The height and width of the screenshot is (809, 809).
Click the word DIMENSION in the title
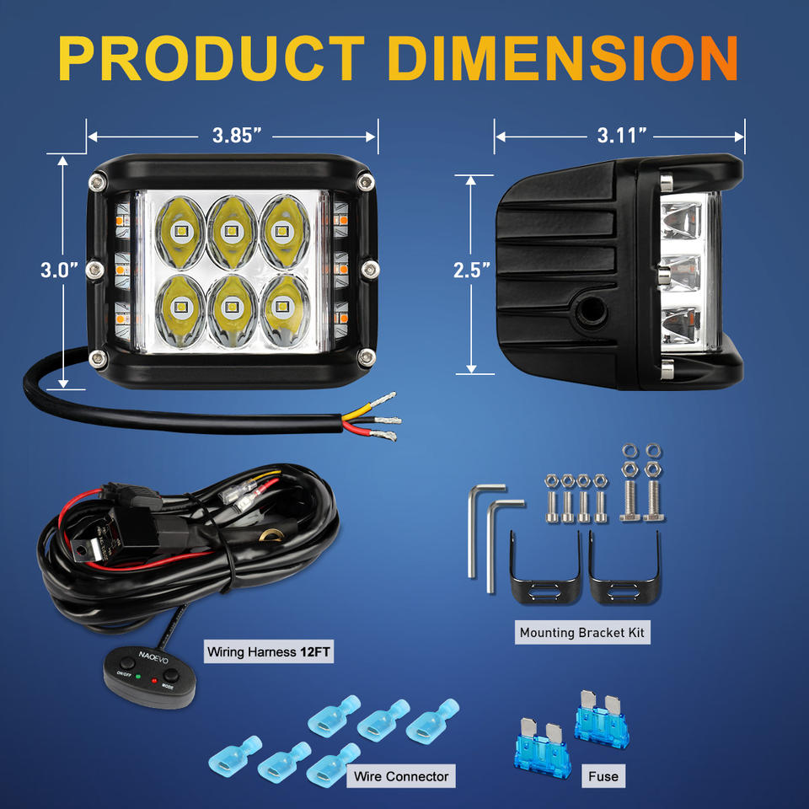click(565, 59)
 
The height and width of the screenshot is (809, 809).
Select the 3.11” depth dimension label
click(622, 135)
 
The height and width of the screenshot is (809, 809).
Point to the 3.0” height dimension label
click(59, 270)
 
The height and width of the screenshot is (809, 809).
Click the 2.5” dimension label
click(471, 271)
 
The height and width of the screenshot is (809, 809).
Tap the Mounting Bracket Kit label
click(583, 632)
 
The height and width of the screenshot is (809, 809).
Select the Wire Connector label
click(401, 775)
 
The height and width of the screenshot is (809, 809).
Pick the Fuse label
click(603, 776)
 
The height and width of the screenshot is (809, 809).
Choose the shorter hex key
click(502, 539)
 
